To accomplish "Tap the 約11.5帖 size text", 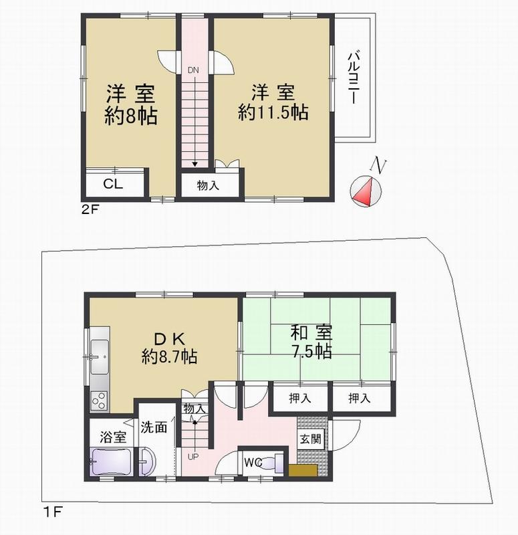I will (x=273, y=113).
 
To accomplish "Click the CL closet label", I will (x=112, y=185).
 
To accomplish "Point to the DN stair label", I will (x=193, y=70).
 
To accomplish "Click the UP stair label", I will (x=192, y=457).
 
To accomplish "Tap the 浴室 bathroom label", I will (x=112, y=437).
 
